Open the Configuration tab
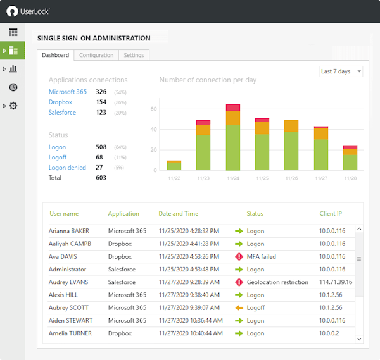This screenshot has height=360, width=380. pos(96,55)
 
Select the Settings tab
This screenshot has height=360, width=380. pos(134,55)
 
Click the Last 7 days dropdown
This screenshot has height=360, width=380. pos(341,71)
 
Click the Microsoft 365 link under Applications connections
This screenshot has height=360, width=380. pos(67,92)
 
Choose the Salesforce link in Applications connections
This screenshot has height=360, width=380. pos(62,113)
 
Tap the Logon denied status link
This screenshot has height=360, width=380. pos(67,168)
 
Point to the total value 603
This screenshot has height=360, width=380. pos(101,178)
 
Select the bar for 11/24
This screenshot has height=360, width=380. pos(232,139)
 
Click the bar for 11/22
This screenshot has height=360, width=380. pos(174,166)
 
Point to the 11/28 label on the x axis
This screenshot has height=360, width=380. pos(350,178)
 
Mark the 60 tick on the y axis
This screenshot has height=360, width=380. pos(153,109)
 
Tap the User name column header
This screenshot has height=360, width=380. pos(63,214)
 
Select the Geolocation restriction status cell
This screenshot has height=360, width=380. pos(277,282)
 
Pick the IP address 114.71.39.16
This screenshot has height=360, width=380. pos(336,282)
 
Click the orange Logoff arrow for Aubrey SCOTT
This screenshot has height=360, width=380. pos(239,307)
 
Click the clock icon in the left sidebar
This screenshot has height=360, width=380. pos(13,87)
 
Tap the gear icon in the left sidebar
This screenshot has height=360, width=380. pos(13,106)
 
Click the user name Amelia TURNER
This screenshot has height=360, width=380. pos(70,333)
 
